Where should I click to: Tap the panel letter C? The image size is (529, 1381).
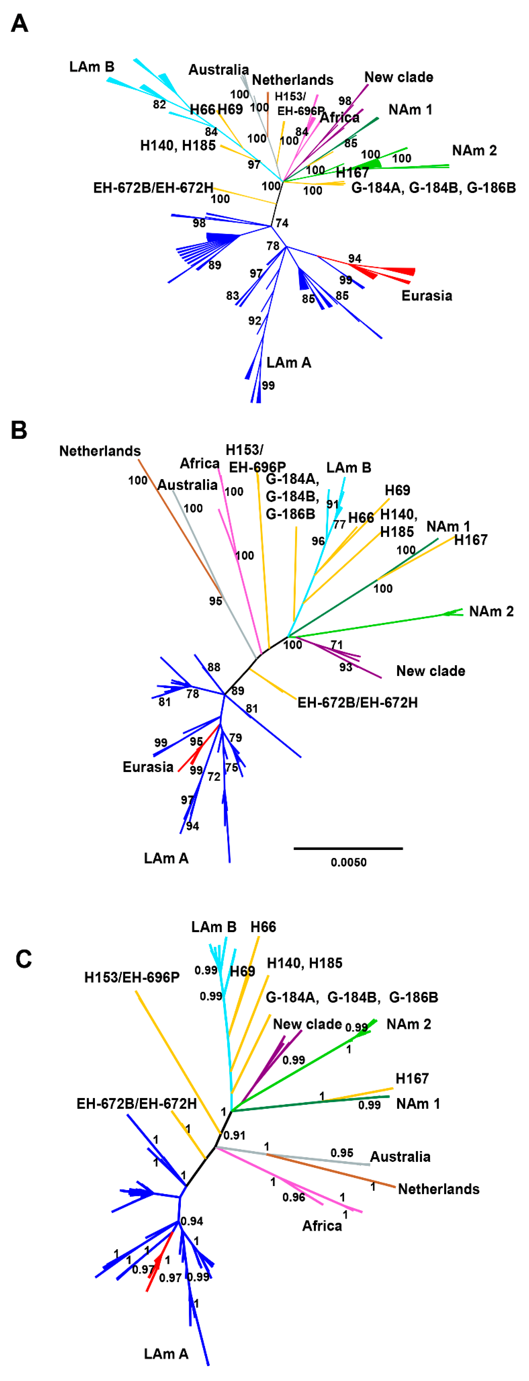click(x=24, y=958)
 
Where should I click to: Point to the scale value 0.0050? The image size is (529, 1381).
click(x=348, y=863)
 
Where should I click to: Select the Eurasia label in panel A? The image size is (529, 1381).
click(x=427, y=296)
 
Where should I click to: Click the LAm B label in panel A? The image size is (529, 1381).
click(x=92, y=67)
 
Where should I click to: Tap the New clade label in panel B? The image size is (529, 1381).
click(x=430, y=671)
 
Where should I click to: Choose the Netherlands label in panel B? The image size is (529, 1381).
click(x=100, y=451)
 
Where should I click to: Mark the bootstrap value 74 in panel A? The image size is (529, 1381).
click(x=282, y=223)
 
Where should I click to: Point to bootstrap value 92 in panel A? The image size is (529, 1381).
click(x=254, y=321)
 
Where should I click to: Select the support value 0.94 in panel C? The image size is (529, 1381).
click(x=192, y=1221)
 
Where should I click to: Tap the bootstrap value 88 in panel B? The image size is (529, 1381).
click(x=214, y=668)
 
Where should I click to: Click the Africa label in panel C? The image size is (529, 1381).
click(x=322, y=1226)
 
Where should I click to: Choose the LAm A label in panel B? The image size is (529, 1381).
click(x=166, y=858)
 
